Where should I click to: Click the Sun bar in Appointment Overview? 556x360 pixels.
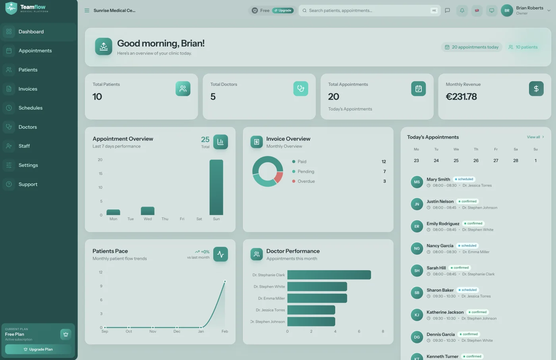click(216, 187)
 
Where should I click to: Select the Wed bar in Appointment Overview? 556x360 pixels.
click(148, 211)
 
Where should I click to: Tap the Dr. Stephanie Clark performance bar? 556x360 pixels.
click(329, 275)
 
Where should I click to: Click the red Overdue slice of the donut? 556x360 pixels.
click(278, 177)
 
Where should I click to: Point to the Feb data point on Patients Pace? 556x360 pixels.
click(225, 281)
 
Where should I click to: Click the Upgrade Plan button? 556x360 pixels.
click(38, 349)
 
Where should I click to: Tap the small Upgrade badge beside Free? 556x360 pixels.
click(283, 10)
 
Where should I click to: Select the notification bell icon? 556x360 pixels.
click(462, 10)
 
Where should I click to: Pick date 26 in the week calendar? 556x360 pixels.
click(476, 161)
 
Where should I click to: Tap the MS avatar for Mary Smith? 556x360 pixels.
click(417, 182)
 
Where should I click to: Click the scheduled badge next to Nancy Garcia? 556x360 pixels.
click(467, 246)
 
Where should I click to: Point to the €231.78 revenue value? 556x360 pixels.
click(461, 97)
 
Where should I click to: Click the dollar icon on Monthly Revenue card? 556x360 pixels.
click(536, 89)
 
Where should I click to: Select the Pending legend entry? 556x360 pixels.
click(303, 171)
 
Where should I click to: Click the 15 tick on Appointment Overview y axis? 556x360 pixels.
click(100, 174)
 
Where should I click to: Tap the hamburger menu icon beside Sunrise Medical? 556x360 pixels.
click(87, 10)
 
